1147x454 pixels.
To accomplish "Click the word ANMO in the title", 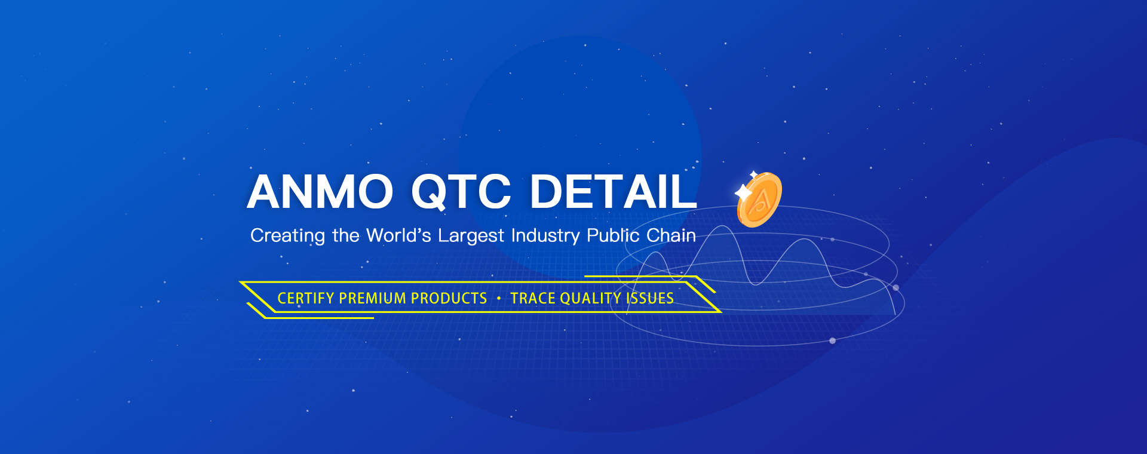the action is click(320, 192).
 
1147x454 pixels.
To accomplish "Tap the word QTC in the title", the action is click(461, 192).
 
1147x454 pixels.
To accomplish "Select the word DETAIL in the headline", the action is click(614, 192).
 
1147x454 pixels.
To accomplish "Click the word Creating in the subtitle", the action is click(287, 236).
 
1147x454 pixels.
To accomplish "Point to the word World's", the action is click(398, 235).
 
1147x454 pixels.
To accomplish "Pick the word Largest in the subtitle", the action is click(471, 237).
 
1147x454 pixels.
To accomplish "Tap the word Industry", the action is click(545, 236).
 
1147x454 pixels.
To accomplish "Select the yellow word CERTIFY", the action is click(306, 298).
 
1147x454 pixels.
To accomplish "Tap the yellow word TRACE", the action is click(533, 298).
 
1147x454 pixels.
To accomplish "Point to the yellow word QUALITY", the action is click(591, 298).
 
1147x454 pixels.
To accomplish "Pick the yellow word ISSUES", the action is click(650, 298).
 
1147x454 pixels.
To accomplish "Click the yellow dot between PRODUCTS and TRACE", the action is click(499, 298).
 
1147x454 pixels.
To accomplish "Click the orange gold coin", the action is click(759, 200).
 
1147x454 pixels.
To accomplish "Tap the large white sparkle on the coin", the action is click(743, 193).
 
